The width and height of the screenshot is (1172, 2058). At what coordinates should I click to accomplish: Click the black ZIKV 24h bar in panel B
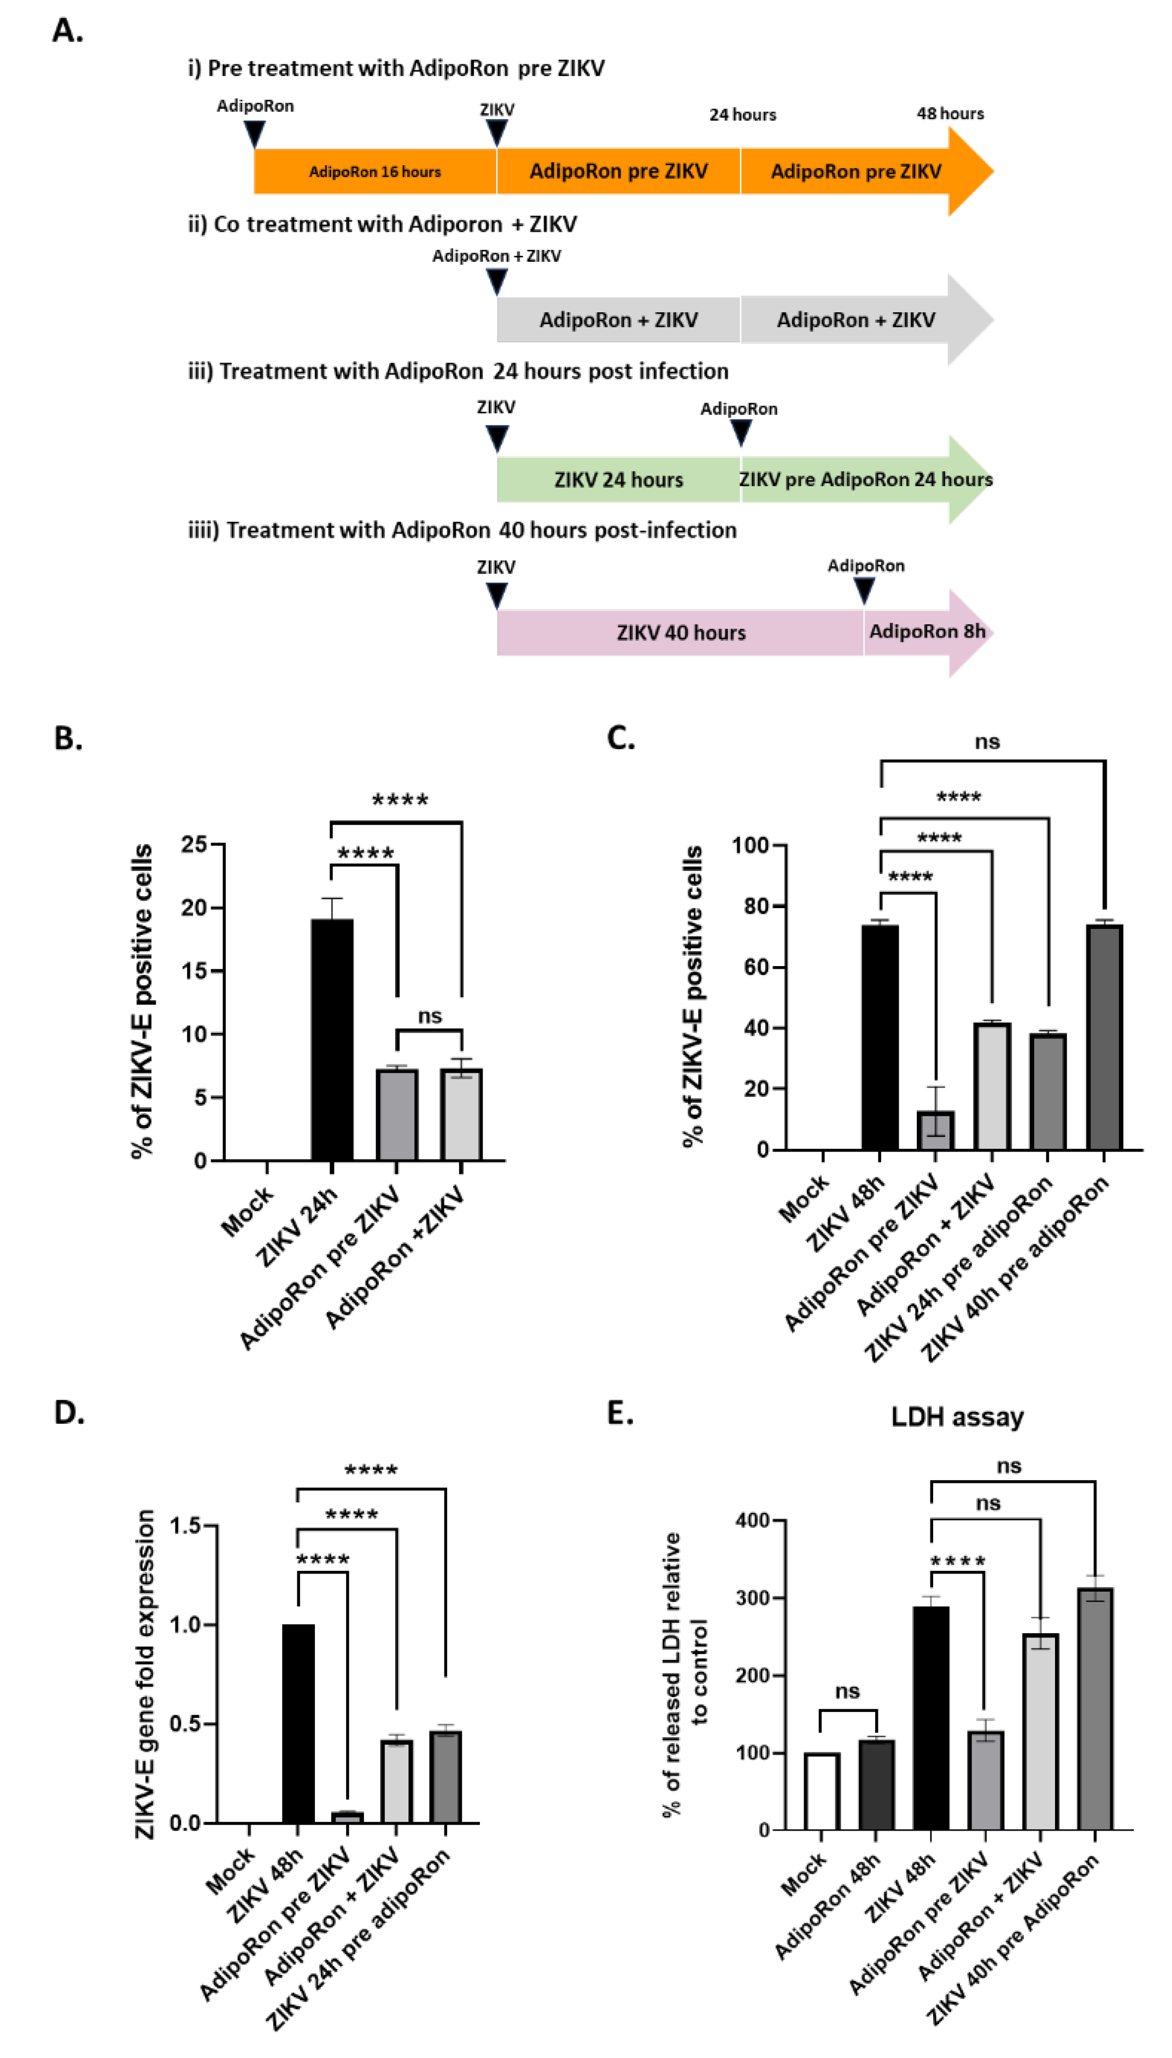coord(332,1038)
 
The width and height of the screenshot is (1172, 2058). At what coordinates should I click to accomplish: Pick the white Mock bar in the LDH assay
coord(821,1791)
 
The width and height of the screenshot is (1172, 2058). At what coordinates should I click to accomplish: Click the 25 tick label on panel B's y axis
coord(194,844)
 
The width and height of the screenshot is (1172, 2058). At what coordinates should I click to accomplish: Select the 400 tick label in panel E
coord(753,1521)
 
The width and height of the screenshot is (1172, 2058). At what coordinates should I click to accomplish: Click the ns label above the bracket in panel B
coord(430,1016)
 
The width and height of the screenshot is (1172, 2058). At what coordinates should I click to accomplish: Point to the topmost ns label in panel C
coord(987,741)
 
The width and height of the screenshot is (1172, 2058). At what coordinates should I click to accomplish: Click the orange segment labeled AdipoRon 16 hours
coord(375,172)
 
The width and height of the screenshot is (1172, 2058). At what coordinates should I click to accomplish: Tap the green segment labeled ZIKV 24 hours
coord(618,480)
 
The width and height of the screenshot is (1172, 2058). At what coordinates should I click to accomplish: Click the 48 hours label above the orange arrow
coord(950,114)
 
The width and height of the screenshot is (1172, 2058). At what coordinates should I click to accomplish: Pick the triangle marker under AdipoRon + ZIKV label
coord(497,281)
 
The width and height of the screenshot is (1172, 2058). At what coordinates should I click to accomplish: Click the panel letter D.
coord(68,1412)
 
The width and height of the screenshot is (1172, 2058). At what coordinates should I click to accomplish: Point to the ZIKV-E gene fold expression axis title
coord(145,1674)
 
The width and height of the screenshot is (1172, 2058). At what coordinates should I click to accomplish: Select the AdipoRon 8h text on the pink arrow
coord(927,631)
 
